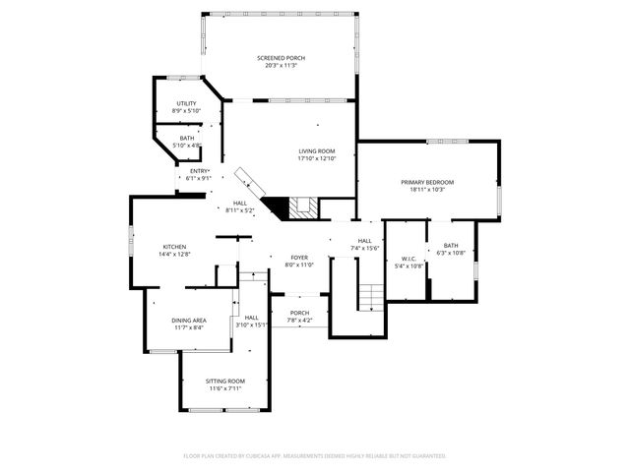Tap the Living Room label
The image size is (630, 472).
click(318, 150)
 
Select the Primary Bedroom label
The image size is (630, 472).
click(427, 182)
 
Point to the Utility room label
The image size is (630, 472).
click(186, 103)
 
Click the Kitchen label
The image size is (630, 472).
click(174, 247)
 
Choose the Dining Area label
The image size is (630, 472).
click(188, 321)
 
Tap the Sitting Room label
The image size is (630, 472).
click(224, 381)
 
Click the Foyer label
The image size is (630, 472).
click(299, 257)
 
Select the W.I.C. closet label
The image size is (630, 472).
click(409, 259)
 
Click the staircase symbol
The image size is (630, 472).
click(370, 296)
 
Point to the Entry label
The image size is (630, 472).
click(198, 171)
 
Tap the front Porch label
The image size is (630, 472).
click(299, 313)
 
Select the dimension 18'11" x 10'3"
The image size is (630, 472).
click(427, 190)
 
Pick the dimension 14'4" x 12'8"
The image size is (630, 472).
click(174, 255)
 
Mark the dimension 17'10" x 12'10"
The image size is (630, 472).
click(318, 158)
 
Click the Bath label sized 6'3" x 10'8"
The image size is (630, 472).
click(451, 245)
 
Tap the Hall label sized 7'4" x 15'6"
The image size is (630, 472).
click(364, 240)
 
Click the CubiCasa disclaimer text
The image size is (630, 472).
click(315, 456)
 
